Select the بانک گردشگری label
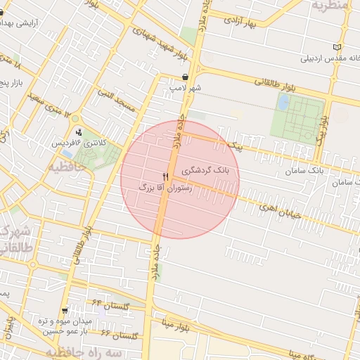tap(210, 170)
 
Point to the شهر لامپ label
tap(184, 89)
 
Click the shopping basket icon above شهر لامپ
tap(184, 77)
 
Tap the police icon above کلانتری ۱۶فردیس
tap(78, 131)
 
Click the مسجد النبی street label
tap(117, 99)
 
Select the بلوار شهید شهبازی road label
tap(163, 34)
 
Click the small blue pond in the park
tap(283, 103)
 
